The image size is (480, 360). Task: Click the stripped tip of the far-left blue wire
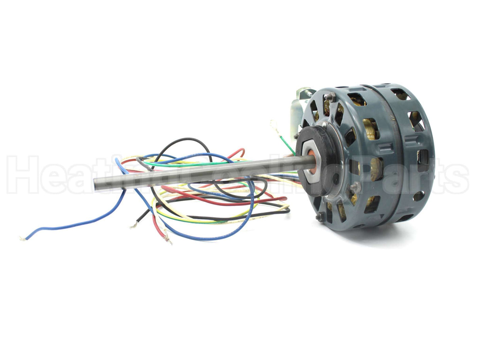[23, 238]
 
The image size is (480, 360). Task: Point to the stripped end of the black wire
[133, 226]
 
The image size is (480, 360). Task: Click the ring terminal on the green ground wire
[274, 125]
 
